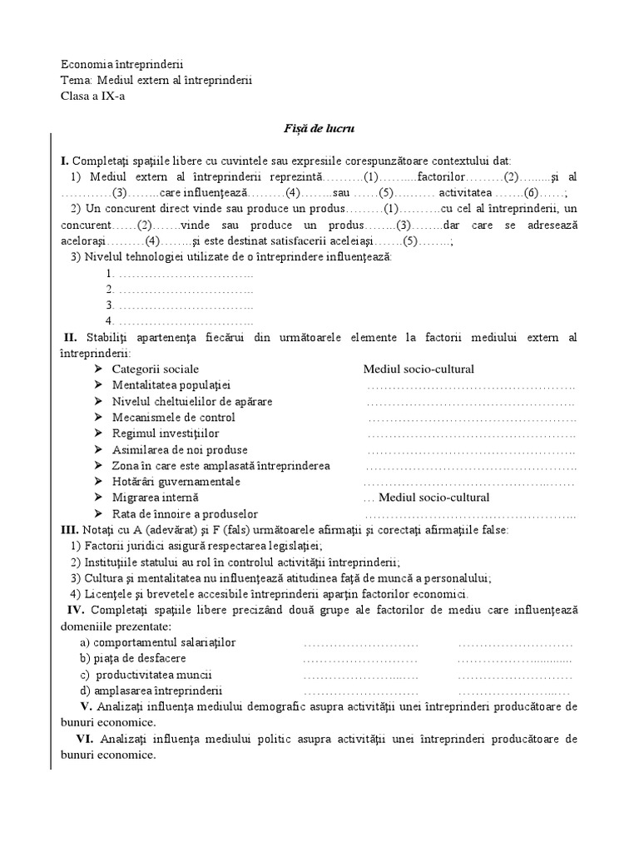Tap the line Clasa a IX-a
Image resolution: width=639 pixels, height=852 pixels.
click(x=94, y=96)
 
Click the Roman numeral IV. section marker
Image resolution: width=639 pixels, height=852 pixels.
click(x=73, y=610)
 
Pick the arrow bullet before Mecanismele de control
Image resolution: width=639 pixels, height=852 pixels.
click(x=97, y=418)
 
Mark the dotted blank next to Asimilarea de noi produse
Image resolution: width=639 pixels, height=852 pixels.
click(x=471, y=450)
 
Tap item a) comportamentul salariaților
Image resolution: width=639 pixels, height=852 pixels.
click(x=158, y=642)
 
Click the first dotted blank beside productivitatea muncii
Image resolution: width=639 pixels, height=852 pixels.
click(x=360, y=675)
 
